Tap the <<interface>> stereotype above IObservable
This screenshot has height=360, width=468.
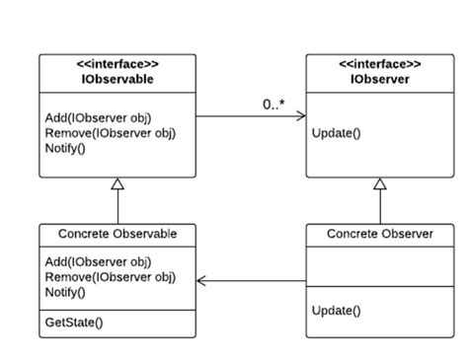click(117, 66)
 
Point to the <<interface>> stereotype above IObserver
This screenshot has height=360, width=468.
click(379, 66)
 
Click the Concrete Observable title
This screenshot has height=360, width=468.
click(117, 234)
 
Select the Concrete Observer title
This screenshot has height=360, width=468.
click(379, 234)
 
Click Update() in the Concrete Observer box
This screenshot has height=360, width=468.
click(337, 310)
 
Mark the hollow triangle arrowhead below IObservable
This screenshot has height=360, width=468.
click(117, 184)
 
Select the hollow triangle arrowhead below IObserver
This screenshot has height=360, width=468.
click(379, 184)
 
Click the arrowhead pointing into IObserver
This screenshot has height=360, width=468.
click(300, 116)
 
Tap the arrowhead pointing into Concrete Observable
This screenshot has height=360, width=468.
click(203, 281)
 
